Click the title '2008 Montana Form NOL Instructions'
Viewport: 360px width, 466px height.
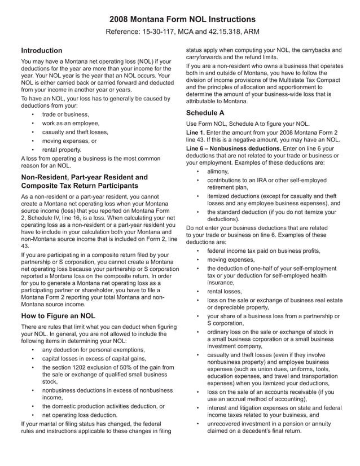(180, 19)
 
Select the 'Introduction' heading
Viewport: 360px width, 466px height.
(41, 51)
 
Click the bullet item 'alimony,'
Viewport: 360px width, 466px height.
(218, 171)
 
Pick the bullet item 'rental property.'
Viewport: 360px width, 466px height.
(62, 150)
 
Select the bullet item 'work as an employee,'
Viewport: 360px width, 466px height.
(71, 122)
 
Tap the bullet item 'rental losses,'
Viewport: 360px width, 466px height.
(224, 291)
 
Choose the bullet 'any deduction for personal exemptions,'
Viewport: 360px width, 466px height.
(94, 349)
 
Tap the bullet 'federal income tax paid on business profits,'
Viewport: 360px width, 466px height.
(264, 250)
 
